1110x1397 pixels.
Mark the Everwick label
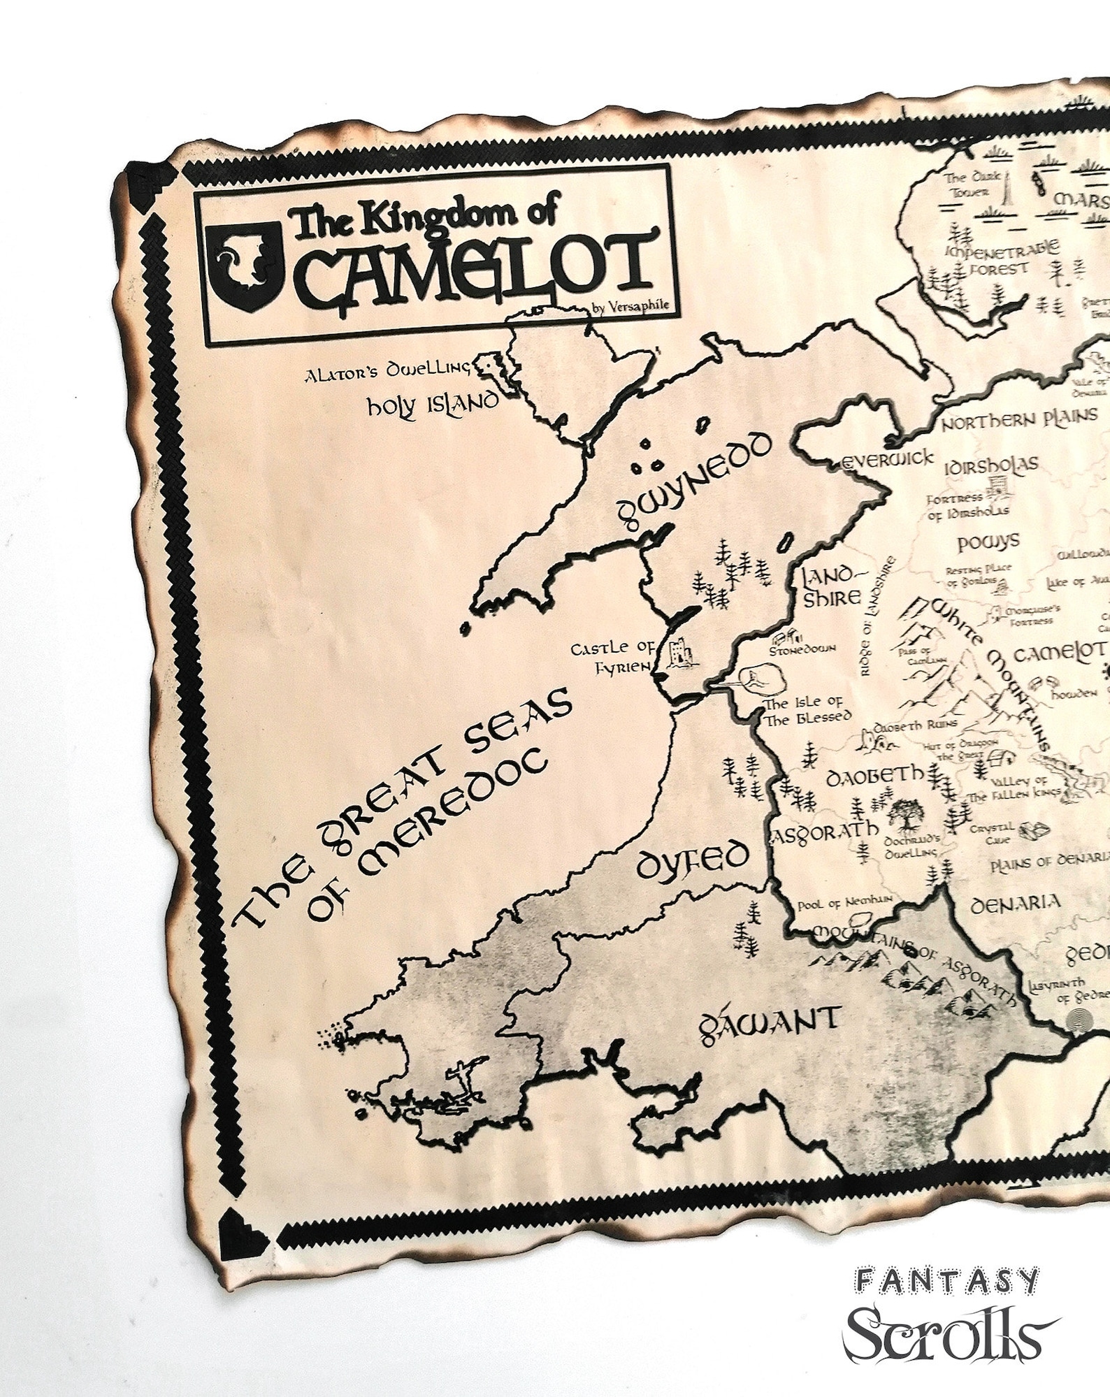(x=888, y=459)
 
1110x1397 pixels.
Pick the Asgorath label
(x=824, y=830)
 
